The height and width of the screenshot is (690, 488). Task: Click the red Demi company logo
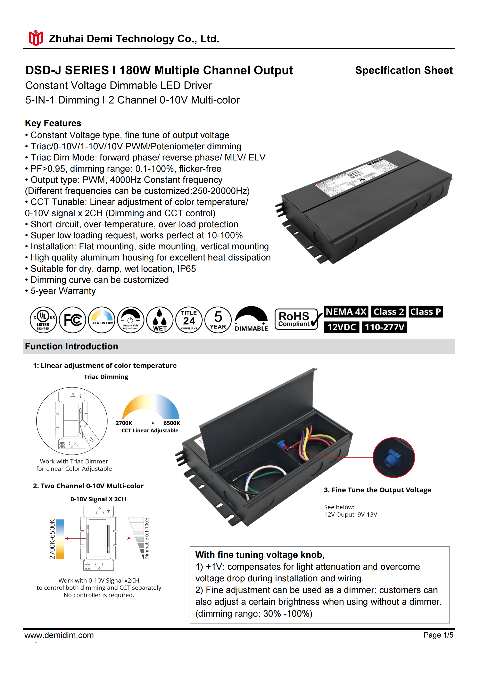[36, 38]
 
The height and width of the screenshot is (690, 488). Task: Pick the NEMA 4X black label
[346, 312]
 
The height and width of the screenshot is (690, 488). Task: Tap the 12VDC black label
[342, 327]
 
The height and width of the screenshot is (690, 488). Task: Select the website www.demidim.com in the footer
[59, 635]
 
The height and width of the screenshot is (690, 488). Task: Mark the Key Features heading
[53, 123]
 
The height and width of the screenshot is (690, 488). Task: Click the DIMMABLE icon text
[251, 329]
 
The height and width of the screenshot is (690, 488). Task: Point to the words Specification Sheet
[404, 70]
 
